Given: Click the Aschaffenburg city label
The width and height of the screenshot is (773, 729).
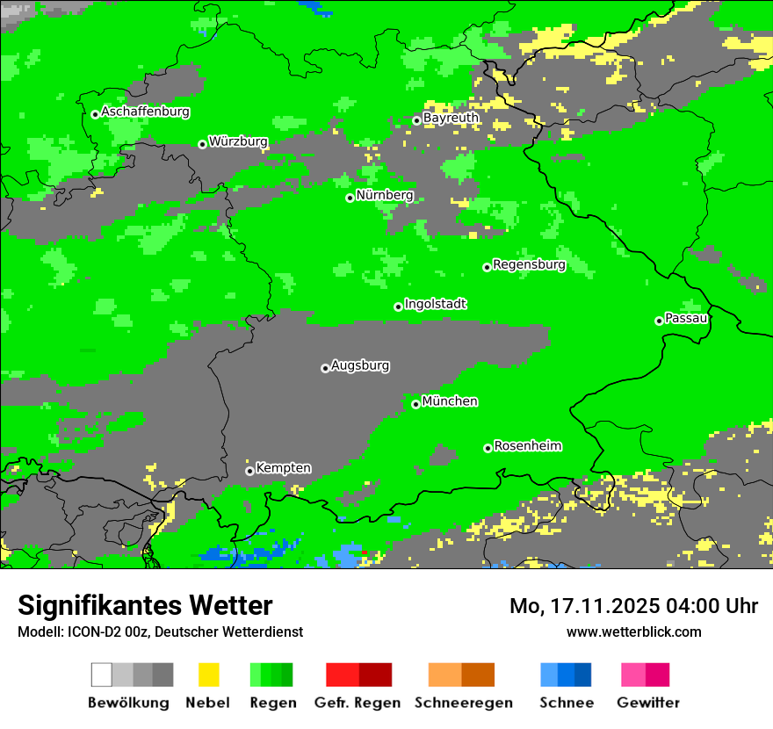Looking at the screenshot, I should click(x=145, y=112).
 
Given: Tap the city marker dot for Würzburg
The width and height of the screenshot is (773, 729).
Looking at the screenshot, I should click(x=202, y=144).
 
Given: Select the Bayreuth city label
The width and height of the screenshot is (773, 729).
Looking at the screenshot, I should click(x=451, y=118).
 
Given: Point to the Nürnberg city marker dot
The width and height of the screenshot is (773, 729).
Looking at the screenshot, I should click(x=350, y=198).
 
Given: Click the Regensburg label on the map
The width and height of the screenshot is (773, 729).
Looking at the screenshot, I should click(x=529, y=264).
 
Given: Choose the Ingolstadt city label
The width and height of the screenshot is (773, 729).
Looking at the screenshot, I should click(x=435, y=304).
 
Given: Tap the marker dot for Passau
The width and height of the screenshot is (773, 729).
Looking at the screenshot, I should click(x=659, y=321).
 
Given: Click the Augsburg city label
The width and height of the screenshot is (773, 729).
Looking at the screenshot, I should click(x=360, y=365).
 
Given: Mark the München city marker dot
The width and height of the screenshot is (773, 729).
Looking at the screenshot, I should click(x=415, y=404).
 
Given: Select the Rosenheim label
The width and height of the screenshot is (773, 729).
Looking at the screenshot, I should click(x=527, y=445).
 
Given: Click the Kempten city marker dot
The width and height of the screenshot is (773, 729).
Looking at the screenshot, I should click(x=249, y=471).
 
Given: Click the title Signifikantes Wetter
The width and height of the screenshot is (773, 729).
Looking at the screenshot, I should click(x=145, y=606).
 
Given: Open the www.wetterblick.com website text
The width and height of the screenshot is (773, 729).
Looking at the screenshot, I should click(x=633, y=632).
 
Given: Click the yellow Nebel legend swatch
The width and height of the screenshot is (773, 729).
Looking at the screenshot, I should click(x=208, y=675).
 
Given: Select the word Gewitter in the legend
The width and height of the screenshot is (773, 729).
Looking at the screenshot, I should click(x=648, y=703).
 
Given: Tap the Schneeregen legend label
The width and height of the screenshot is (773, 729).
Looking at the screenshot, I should click(x=463, y=703).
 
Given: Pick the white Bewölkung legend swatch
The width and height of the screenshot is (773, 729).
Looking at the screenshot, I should click(x=102, y=675).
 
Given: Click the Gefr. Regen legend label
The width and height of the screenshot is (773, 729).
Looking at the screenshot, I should click(x=358, y=703).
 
